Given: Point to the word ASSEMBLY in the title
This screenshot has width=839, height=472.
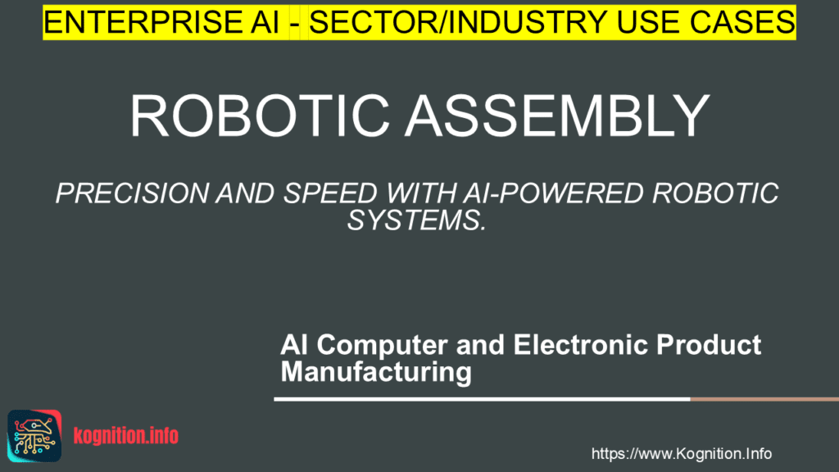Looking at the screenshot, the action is point(557,116).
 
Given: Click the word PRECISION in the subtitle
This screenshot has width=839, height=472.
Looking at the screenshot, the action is point(132,193).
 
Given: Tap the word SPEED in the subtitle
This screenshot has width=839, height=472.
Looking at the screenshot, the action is point(330,193).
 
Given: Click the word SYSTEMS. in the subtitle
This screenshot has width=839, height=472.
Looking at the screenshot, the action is point(417,220).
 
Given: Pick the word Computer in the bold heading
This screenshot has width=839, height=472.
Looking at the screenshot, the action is point(382,345).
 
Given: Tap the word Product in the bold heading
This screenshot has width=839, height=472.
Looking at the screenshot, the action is point(709,345).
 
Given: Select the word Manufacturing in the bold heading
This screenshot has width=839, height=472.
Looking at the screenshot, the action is point(376,372).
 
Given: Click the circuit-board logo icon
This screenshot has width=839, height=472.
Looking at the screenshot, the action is point(34,436).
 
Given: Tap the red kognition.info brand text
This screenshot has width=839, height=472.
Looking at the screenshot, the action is point(125,436).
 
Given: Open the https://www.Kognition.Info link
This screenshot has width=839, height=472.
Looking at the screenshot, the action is point(681,454).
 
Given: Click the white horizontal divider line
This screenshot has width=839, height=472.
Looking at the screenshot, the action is point(482,399).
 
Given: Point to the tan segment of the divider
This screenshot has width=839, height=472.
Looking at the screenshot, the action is point(764,399).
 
